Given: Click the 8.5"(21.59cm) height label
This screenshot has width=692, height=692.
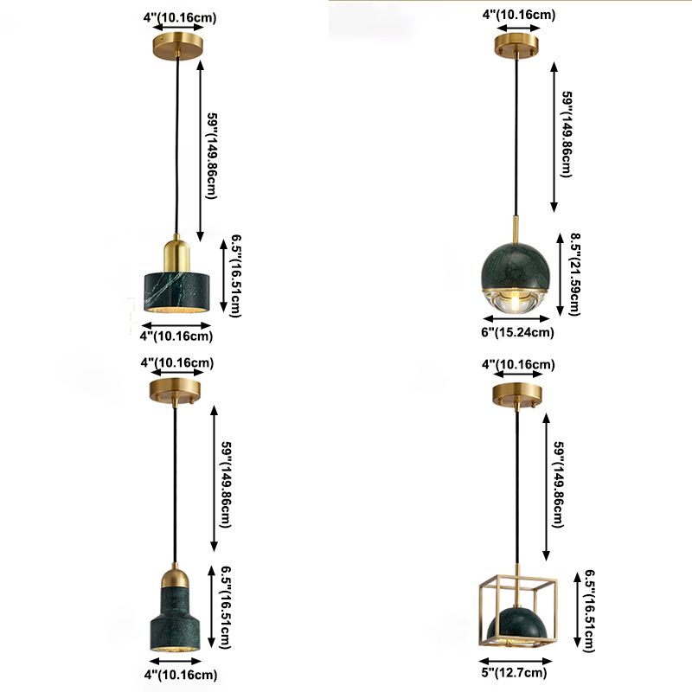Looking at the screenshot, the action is (x=574, y=274).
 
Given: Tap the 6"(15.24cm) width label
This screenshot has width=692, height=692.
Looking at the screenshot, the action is (x=517, y=332).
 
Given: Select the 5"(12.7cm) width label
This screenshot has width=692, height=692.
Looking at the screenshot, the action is (x=514, y=673).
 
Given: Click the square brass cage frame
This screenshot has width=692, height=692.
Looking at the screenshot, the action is (x=518, y=609).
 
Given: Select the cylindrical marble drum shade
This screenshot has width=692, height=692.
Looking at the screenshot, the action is (x=176, y=292).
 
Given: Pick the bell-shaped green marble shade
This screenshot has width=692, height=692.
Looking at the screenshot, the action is (x=176, y=618).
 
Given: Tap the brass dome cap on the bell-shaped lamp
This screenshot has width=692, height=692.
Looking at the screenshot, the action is (x=176, y=577).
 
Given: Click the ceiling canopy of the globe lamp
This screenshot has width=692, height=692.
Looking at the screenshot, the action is (x=516, y=45).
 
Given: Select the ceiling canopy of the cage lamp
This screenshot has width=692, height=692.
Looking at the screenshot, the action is (x=517, y=394).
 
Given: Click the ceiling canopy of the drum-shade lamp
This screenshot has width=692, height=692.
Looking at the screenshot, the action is (x=178, y=46).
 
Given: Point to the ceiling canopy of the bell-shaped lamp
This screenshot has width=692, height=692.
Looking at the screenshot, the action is (x=175, y=391).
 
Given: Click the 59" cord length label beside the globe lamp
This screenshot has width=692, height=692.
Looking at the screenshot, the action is (x=567, y=135).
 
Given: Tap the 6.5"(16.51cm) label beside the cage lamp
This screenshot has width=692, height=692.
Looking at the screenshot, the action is (x=590, y=611).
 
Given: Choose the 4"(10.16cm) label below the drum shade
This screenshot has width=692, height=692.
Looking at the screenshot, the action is (x=176, y=336).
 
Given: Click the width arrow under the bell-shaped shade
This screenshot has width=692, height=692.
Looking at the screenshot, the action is (x=176, y=661).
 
